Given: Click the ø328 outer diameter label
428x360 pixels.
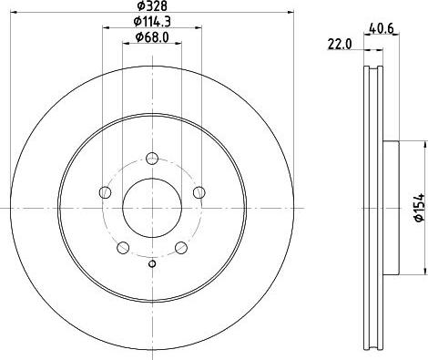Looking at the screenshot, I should pos(152,6).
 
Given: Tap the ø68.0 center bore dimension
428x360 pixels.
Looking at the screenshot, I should pos(150,36).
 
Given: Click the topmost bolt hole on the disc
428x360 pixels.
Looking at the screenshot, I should pos(152,156).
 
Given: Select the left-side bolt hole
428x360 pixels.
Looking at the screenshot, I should pos(106,191).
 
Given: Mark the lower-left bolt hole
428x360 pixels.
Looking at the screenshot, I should pos(123,247).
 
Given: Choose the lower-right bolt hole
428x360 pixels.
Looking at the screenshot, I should pos(181,247).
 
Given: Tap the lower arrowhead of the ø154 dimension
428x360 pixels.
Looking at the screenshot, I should pos(423,269).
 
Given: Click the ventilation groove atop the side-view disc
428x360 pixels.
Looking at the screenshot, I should pos(373,77).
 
